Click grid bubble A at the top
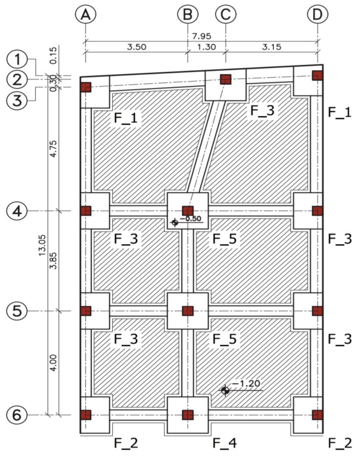tap(85, 14)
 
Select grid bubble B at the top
tap(188, 14)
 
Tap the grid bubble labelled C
tap(226, 14)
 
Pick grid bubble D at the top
tap(318, 14)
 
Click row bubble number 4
tap(17, 211)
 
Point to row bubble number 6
tap(17, 415)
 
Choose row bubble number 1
tap(17, 59)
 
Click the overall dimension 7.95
tap(202, 36)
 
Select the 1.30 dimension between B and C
tap(206, 47)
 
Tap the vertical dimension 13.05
tap(42, 244)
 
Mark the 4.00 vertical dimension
tap(53, 363)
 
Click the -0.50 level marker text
tap(190, 218)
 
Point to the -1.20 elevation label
tap(246, 384)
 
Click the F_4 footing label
tap(225, 443)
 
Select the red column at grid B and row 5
tap(188, 311)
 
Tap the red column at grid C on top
tap(226, 79)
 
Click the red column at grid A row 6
tap(86, 415)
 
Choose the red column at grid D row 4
tap(318, 211)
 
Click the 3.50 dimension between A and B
tap(136, 47)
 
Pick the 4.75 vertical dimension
tap(53, 149)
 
